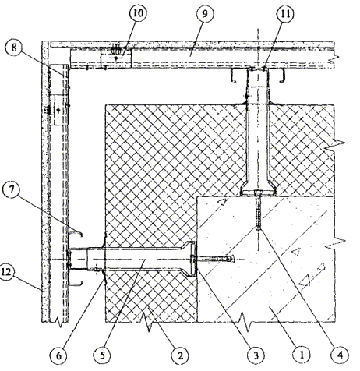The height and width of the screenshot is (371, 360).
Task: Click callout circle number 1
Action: tap(302, 355)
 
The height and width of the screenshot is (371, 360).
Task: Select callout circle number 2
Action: tap(180, 355)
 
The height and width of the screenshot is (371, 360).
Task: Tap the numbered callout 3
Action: tap(256, 355)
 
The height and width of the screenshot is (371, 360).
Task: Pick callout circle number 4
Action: tap(341, 355)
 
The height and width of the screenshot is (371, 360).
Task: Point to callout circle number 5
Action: tap(103, 355)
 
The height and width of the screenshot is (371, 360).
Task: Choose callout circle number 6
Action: tap(59, 355)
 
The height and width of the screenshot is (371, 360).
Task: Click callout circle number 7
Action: tap(12, 190)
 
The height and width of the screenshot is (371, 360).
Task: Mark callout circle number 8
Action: tap(14, 48)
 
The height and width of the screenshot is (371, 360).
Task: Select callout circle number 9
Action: tap(205, 14)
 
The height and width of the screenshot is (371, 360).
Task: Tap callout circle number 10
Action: tap(138, 13)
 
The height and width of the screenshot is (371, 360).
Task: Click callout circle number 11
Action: tap(285, 14)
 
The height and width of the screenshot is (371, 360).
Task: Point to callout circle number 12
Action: tap(6, 272)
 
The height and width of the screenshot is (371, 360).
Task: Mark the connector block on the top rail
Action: tap(116, 58)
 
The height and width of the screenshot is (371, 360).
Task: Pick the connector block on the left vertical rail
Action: tap(59, 110)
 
